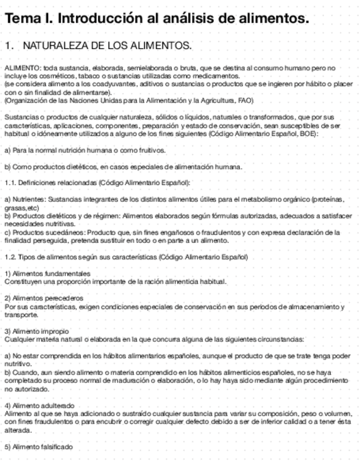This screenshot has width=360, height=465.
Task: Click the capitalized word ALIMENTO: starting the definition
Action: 22,67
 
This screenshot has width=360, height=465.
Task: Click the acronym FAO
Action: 245,101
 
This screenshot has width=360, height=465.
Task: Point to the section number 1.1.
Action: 10,183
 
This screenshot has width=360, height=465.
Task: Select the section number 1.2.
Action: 10,257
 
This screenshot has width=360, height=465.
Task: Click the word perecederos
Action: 61,298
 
